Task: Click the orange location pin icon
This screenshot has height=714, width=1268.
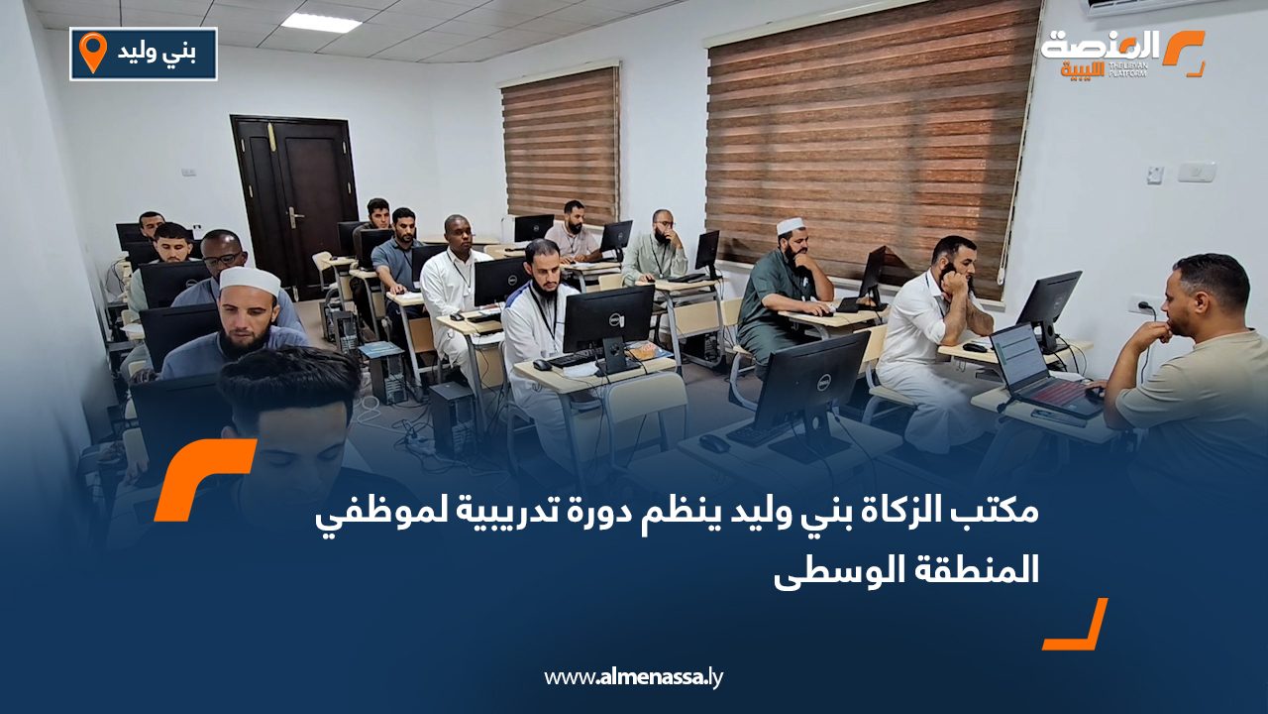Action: tap(92, 53)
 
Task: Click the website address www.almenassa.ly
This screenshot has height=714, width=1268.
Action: tap(634, 677)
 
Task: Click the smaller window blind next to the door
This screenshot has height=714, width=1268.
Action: tap(561, 146)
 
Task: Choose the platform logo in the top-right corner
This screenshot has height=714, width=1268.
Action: tap(1122, 53)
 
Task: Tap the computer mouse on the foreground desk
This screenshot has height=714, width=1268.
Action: tap(713, 443)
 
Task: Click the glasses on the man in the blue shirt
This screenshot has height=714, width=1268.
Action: tap(224, 259)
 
